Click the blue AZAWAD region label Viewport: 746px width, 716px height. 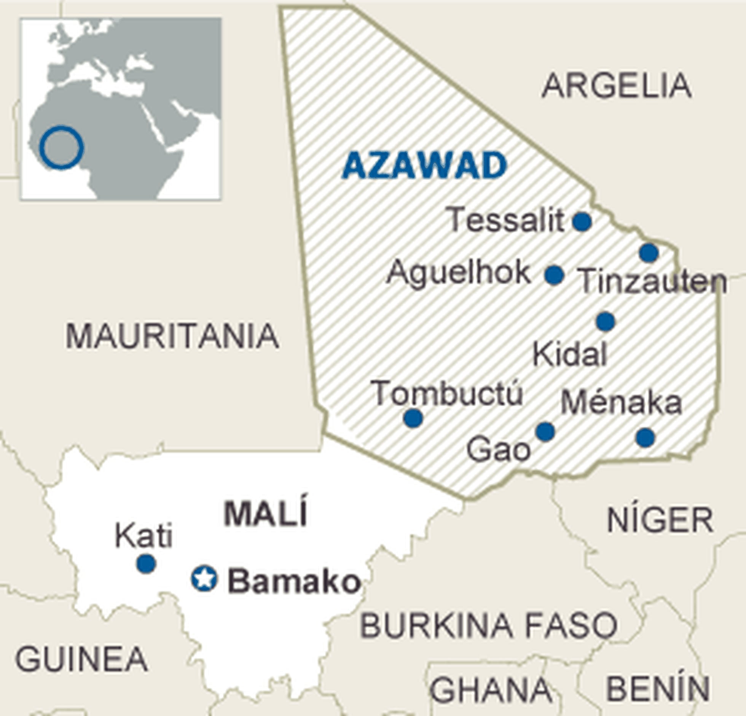(x=425, y=165)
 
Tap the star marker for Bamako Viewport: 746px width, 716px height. (x=204, y=579)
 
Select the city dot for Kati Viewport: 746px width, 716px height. (x=146, y=563)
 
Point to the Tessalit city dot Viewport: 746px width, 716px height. (x=582, y=222)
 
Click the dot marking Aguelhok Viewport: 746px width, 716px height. (x=554, y=275)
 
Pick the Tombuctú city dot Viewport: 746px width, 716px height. (x=413, y=418)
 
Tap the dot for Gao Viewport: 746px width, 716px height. (x=545, y=431)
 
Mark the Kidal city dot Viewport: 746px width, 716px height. (x=606, y=321)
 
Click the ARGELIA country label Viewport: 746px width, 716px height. (x=616, y=86)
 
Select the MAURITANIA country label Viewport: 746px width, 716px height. (x=172, y=336)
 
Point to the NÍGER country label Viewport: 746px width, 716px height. (x=660, y=520)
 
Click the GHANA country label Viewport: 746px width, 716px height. (x=491, y=689)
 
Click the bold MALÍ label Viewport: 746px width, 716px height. (x=265, y=514)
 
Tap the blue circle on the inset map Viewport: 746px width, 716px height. (x=61, y=147)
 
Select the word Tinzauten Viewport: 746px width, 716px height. (x=652, y=282)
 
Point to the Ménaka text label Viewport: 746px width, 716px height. (x=621, y=403)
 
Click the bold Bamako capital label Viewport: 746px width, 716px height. (x=293, y=582)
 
